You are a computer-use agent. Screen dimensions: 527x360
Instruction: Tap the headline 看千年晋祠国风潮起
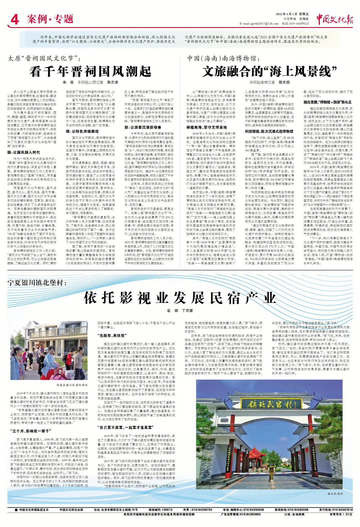pyautogui.click(x=90, y=71)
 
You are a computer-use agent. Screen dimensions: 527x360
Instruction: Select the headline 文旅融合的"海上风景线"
pyautogui.click(x=269, y=71)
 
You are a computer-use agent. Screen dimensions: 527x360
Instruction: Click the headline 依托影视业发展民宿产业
pyautogui.click(x=180, y=298)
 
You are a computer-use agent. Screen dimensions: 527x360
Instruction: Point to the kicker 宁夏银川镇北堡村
pyautogui.click(x=37, y=283)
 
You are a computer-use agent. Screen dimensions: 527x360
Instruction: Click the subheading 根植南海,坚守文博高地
pyautogui.click(x=206, y=127)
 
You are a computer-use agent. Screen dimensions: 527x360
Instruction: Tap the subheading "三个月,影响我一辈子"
pyautogui.click(x=30, y=431)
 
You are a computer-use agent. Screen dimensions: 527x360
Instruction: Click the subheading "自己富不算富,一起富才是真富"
pyautogui.click(x=125, y=427)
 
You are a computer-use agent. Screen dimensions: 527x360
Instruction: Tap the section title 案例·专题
pyautogui.click(x=50, y=19)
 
